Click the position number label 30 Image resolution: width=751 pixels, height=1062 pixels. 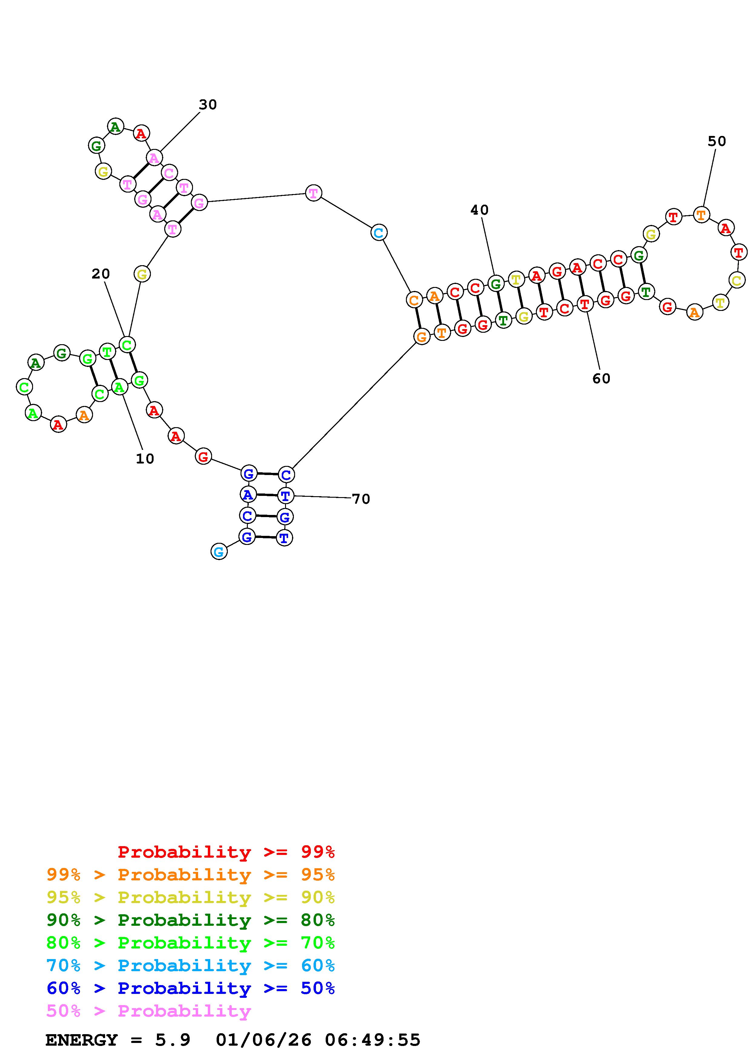[208, 105]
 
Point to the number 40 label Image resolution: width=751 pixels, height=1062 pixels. [479, 210]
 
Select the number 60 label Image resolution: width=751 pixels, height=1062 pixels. [601, 379]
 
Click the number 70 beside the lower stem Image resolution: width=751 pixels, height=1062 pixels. [361, 499]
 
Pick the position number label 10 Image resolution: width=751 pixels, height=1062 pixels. [145, 459]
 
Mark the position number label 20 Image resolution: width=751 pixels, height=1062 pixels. [101, 274]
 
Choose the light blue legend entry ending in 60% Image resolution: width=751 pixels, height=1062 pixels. [191, 966]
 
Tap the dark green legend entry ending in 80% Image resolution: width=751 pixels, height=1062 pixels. [191, 920]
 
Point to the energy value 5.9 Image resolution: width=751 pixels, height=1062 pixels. [173, 1040]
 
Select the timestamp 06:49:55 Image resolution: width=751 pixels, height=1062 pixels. [373, 1040]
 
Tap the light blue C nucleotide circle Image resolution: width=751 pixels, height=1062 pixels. [378, 233]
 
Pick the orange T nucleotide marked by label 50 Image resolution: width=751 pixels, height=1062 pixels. [702, 215]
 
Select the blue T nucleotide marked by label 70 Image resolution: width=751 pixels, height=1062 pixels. [285, 496]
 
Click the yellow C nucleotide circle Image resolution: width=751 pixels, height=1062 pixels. [737, 280]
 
